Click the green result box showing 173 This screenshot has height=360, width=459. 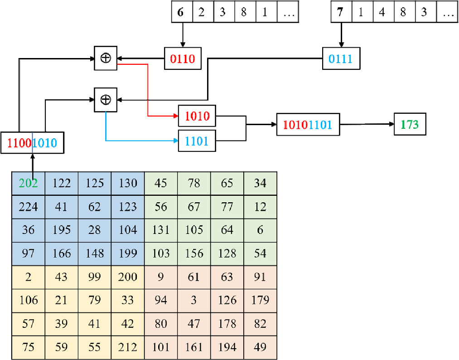click(x=410, y=125)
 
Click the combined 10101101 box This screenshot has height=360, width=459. click(x=308, y=125)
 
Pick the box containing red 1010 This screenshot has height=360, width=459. click(x=197, y=116)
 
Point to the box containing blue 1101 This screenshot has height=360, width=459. click(x=197, y=141)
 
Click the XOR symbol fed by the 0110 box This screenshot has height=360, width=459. click(x=105, y=58)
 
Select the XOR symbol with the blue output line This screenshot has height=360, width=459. click(x=105, y=99)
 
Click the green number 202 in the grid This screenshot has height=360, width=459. click(x=28, y=183)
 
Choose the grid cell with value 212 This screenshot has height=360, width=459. click(x=128, y=347)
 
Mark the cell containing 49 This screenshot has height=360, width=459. click(x=260, y=347)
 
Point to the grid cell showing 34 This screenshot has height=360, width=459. click(x=260, y=183)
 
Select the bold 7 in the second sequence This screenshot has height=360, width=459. click(x=340, y=12)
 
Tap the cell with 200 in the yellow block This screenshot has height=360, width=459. click(x=128, y=277)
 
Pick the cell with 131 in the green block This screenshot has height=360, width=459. click(x=161, y=230)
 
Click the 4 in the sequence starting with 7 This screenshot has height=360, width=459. click(x=382, y=12)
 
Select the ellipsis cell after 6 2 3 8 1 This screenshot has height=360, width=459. click(x=289, y=12)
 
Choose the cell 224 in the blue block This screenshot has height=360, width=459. click(x=28, y=207)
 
